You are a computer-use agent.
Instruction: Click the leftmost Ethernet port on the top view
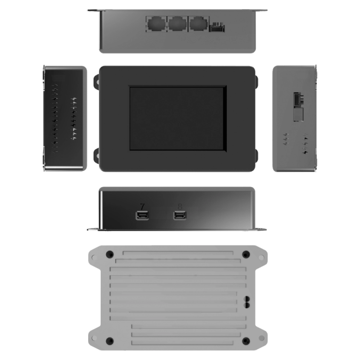click(155, 23)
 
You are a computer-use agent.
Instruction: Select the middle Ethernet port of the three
click(176, 23)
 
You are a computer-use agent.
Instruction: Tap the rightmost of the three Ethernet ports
click(198, 23)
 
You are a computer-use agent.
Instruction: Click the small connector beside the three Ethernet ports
click(216, 28)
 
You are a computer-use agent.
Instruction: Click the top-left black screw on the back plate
click(109, 254)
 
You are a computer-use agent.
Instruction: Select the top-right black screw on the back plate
click(245, 254)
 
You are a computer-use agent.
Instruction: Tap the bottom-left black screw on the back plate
click(109, 340)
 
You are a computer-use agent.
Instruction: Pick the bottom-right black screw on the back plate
click(245, 340)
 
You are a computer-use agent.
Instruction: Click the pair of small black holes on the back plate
click(247, 301)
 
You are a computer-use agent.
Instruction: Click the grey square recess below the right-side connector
click(297, 115)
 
